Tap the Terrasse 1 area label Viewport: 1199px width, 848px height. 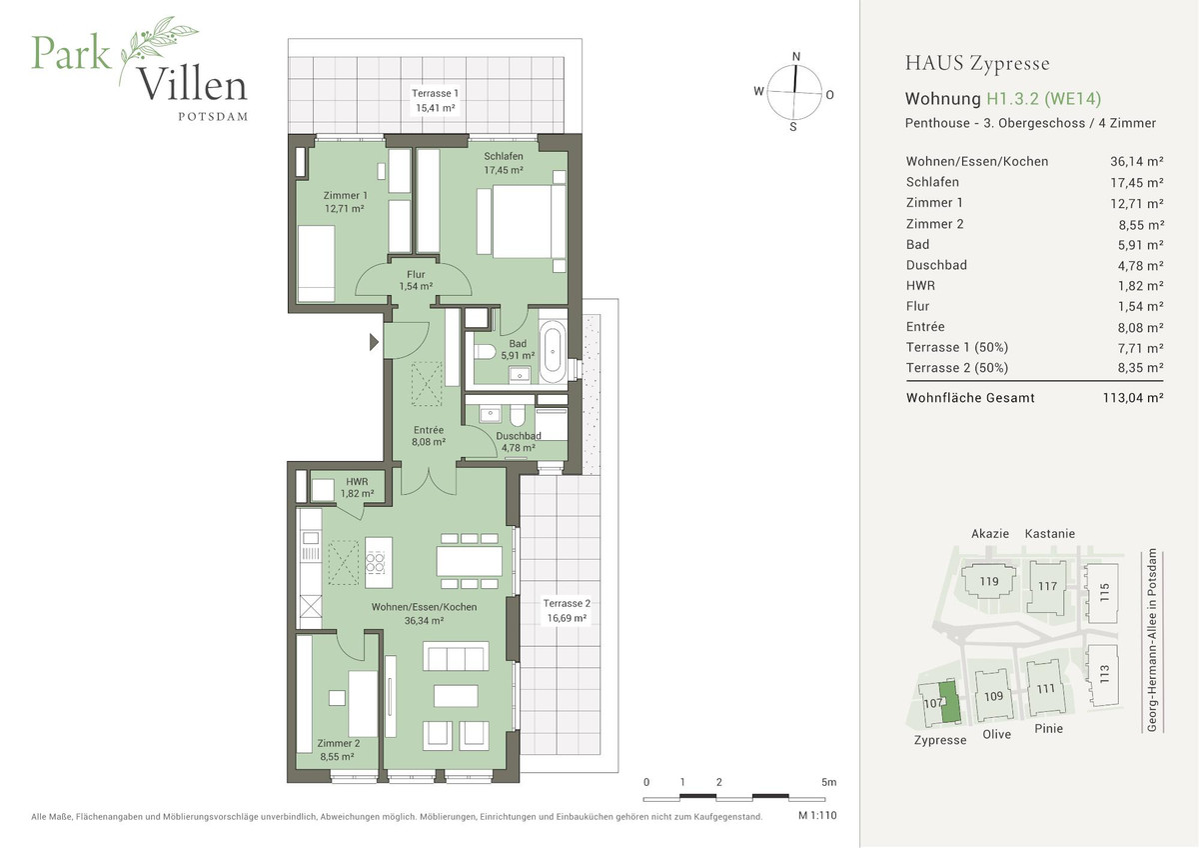pyautogui.click(x=435, y=100)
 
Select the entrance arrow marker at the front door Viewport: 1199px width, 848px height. pyautogui.click(x=375, y=342)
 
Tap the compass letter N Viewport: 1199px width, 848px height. pyautogui.click(x=796, y=57)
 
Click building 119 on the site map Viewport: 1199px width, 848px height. pyautogui.click(x=989, y=581)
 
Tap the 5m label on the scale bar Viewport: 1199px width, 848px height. pyautogui.click(x=828, y=781)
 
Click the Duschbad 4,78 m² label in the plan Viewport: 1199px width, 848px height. pyautogui.click(x=519, y=442)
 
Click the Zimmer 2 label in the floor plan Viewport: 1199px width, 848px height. pyautogui.click(x=338, y=749)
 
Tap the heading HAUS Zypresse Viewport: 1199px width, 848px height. pyautogui.click(x=976, y=64)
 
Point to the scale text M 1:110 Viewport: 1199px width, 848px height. pyautogui.click(x=816, y=816)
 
